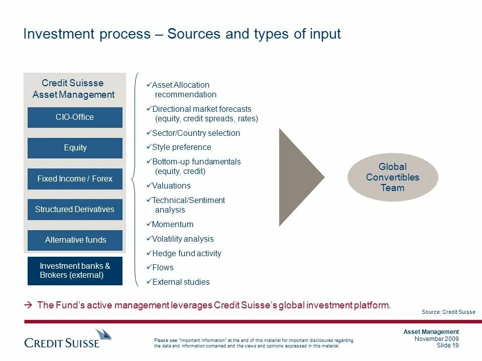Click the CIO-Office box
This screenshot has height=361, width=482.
75,117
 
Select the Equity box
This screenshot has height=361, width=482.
75,148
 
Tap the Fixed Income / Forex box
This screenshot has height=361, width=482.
75,179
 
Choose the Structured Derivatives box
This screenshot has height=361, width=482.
75,210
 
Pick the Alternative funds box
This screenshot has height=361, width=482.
75,240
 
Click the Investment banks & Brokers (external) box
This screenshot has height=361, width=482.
75,271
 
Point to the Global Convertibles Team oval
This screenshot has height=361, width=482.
392,177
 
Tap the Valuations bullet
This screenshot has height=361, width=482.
171,186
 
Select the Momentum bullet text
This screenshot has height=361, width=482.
172,225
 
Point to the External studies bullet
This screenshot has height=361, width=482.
180,282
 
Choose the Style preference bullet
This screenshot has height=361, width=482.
181,147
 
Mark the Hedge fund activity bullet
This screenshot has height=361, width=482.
186,254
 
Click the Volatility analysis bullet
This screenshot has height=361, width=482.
182,239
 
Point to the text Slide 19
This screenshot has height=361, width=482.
447,345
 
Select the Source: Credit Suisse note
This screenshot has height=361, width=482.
448,312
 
